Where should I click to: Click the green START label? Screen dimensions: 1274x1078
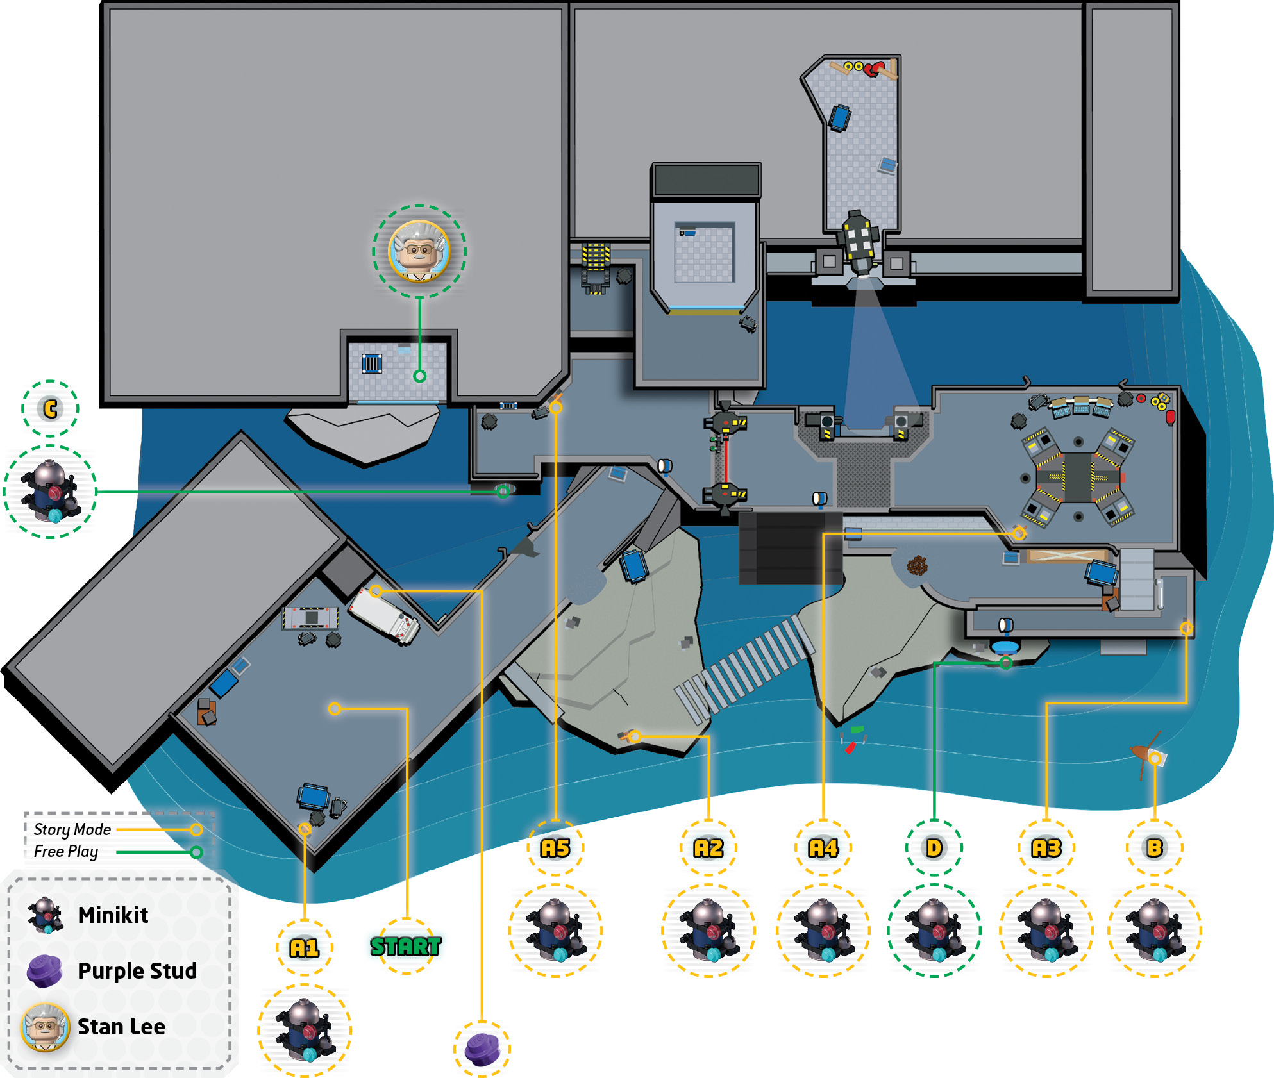click(x=406, y=946)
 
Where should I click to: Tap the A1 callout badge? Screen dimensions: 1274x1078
click(x=305, y=947)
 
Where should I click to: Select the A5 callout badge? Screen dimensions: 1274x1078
click(x=555, y=848)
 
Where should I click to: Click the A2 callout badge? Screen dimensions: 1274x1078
click(x=708, y=848)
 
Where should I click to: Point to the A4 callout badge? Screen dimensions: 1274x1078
click(x=823, y=848)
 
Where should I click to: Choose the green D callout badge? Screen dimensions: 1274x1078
click(x=934, y=848)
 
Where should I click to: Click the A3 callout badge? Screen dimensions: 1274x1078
click(x=1046, y=848)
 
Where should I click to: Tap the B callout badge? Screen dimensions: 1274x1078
click(x=1155, y=848)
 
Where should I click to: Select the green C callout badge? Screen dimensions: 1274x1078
click(x=50, y=408)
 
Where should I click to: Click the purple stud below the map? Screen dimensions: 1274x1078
click(x=482, y=1049)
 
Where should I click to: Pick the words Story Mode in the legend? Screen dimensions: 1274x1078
click(x=72, y=829)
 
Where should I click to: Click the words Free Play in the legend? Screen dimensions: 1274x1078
click(x=66, y=852)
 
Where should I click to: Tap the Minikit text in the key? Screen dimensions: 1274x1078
click(x=113, y=915)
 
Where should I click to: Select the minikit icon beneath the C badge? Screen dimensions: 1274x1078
click(x=50, y=492)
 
